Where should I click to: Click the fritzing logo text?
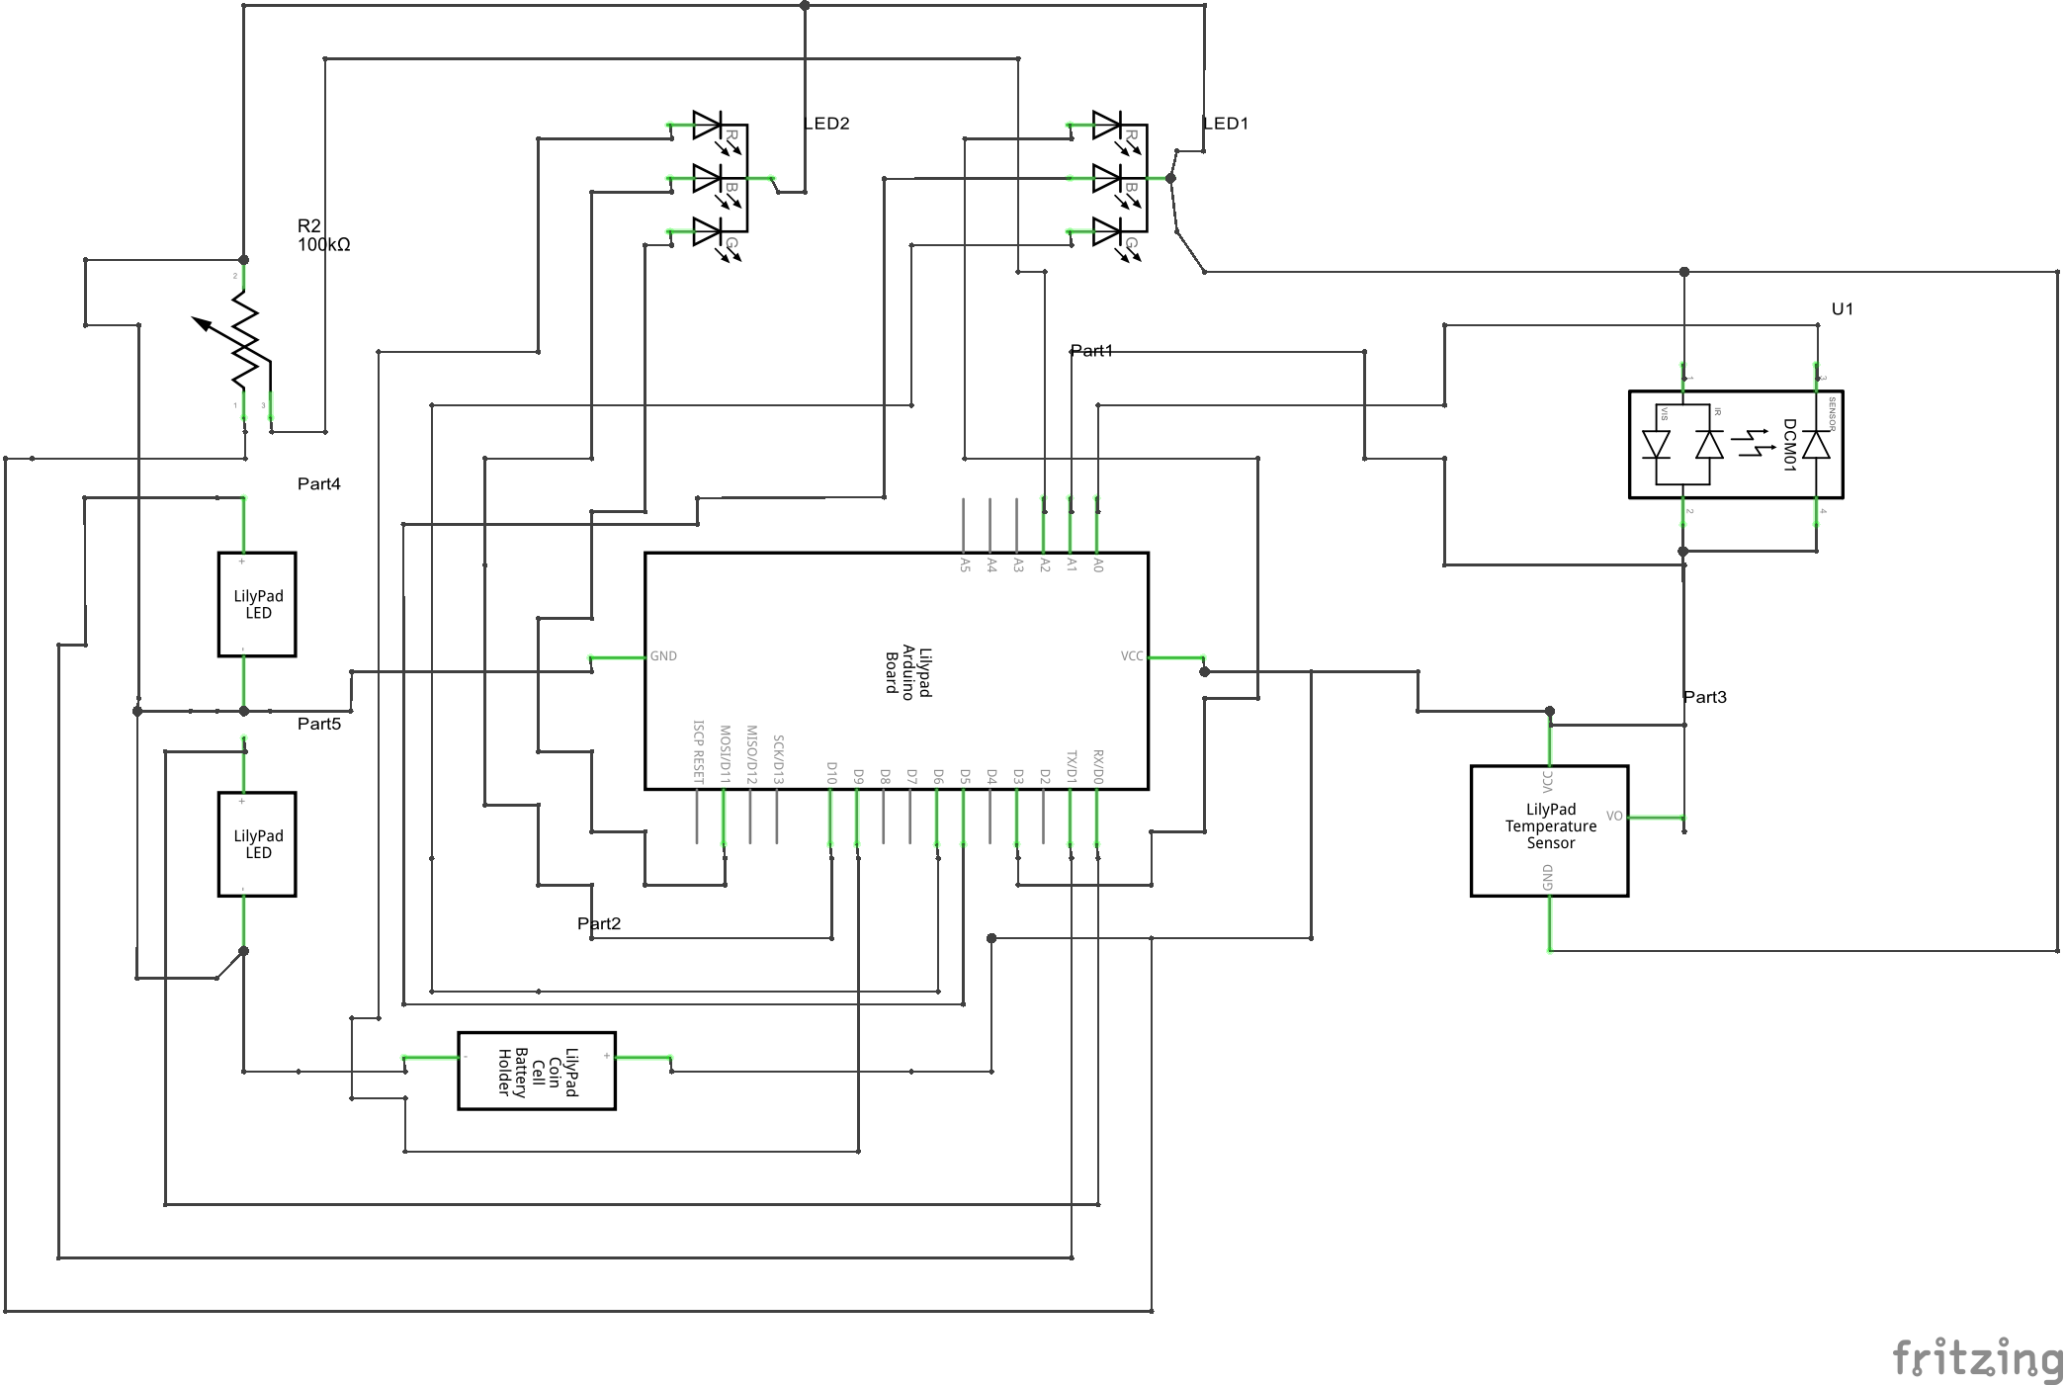1977,1359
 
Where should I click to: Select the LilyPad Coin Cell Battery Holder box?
537,1071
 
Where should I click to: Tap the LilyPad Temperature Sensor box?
1549,829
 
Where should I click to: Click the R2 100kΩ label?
323,235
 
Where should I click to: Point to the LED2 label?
826,124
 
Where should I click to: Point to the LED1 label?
1226,124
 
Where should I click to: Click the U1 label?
1842,308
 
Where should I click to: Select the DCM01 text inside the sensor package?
1788,445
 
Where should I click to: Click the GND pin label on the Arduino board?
663,656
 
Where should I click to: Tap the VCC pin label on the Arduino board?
1132,656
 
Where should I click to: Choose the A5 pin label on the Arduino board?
965,564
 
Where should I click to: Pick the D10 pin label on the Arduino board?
831,773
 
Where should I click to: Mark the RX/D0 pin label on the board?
1097,767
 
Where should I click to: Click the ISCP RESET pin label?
698,751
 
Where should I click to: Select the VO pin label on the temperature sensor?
1614,816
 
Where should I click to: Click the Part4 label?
318,483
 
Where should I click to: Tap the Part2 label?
599,923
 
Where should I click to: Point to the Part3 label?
1705,697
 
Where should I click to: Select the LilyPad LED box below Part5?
257,844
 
